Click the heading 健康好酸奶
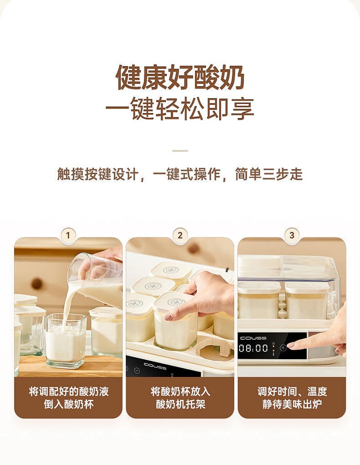point(180,78)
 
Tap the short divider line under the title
point(180,150)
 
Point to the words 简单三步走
point(268,174)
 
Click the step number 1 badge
point(68,235)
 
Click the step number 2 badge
point(180,235)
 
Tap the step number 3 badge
point(292,235)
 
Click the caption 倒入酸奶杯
point(68,404)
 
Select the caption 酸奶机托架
point(180,404)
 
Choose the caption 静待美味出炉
point(292,404)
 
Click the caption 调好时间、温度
point(292,392)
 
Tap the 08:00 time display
point(254,348)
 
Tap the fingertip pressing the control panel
point(290,346)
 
